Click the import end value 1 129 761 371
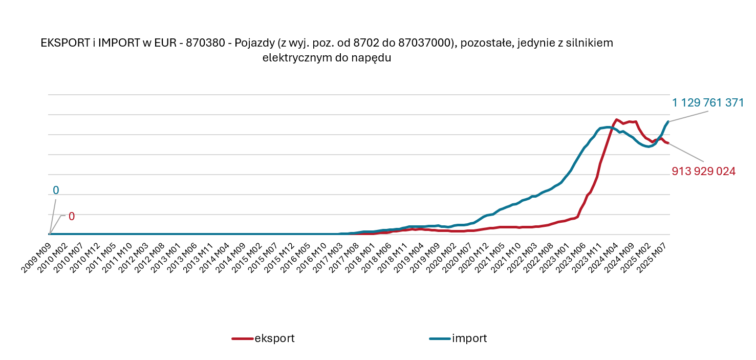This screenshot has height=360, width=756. pyautogui.click(x=707, y=102)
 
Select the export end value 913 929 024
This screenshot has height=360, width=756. pyautogui.click(x=703, y=172)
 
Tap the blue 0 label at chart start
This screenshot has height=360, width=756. pyautogui.click(x=56, y=190)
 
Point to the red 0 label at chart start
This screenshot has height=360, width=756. pyautogui.click(x=72, y=216)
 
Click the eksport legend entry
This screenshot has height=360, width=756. pyautogui.click(x=274, y=338)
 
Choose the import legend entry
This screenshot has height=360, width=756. pyautogui.click(x=469, y=338)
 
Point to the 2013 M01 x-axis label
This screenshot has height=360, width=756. pyautogui.click(x=169, y=250)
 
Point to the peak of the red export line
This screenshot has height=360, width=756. pyautogui.click(x=616, y=119)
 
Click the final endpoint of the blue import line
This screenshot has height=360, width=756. pyautogui.click(x=668, y=121)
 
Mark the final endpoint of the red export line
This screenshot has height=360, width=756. pyautogui.click(x=668, y=143)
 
